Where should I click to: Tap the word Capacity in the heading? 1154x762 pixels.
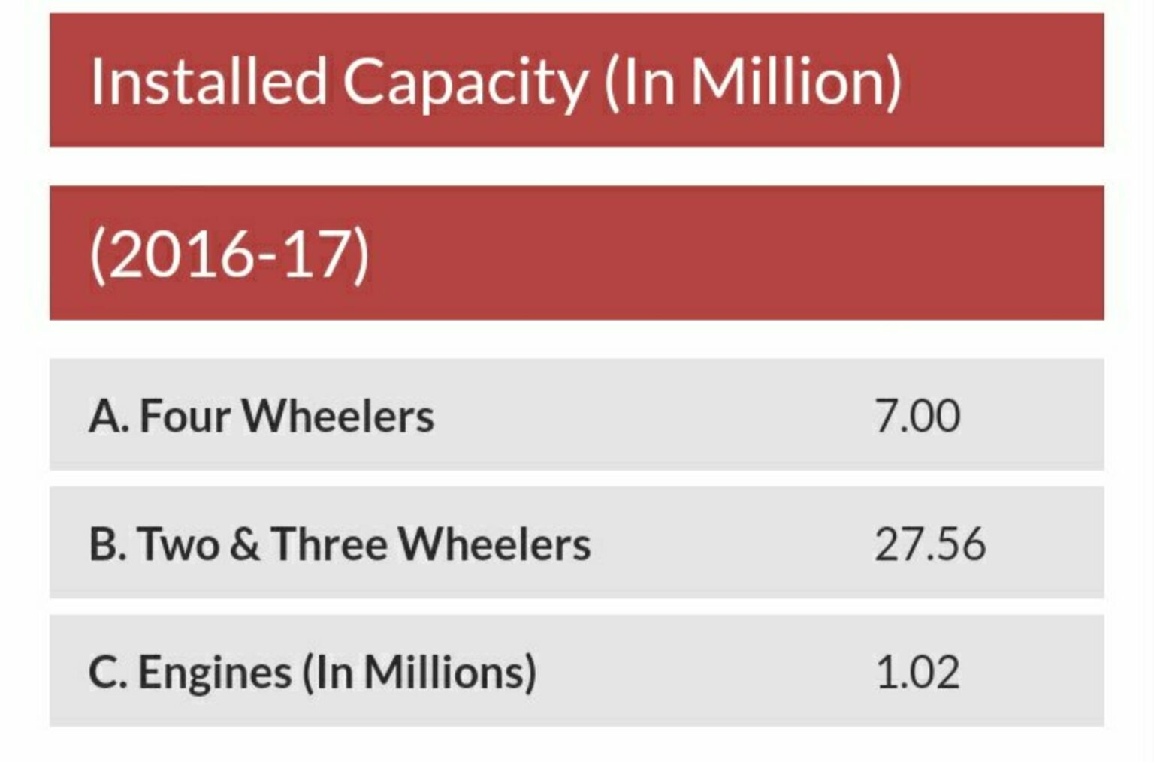click(465, 83)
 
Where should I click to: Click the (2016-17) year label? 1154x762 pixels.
click(229, 255)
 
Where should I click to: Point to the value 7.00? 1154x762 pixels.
click(917, 416)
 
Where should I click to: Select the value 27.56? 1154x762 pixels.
click(929, 544)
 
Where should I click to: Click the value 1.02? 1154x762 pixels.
click(917, 672)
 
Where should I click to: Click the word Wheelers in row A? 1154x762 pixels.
click(337, 416)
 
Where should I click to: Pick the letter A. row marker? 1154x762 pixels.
click(108, 416)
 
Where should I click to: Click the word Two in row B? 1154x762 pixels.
click(178, 544)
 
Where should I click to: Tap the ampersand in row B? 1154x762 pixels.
click(245, 544)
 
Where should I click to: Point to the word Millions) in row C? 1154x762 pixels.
click(451, 672)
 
